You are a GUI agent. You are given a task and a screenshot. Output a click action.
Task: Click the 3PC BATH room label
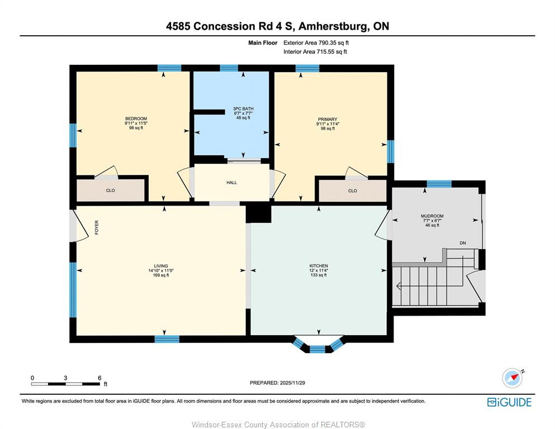(x=243, y=108)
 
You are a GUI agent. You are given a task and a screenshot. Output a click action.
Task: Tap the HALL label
(x=232, y=183)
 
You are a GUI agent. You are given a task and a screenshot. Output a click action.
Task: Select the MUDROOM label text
(x=432, y=216)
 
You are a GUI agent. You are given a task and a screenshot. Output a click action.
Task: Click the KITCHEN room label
(x=319, y=266)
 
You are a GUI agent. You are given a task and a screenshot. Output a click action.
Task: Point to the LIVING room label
(x=161, y=266)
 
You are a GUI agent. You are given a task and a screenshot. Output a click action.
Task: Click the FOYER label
(x=97, y=227)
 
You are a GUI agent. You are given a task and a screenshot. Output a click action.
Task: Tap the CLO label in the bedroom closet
(x=111, y=190)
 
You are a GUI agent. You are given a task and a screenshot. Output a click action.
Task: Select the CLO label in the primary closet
(x=353, y=190)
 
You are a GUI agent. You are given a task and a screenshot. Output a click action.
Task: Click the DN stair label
(x=463, y=243)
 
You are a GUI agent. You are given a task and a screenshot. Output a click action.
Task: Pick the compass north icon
(x=513, y=378)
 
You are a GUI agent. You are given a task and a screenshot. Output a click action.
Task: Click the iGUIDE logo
(x=509, y=403)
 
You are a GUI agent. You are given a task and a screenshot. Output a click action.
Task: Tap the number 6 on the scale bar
(x=99, y=378)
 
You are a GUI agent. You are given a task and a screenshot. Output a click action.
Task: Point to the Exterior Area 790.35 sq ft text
(x=316, y=43)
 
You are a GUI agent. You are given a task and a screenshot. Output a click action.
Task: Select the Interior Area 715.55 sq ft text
(x=315, y=51)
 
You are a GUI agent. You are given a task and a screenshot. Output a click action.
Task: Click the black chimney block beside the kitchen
(x=258, y=213)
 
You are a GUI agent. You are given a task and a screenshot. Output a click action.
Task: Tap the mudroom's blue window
(x=439, y=184)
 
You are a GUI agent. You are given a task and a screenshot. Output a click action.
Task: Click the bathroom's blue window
(x=229, y=68)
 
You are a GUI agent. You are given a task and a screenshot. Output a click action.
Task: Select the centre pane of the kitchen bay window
(x=317, y=350)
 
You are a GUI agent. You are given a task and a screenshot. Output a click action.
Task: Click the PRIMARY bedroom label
(x=328, y=119)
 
